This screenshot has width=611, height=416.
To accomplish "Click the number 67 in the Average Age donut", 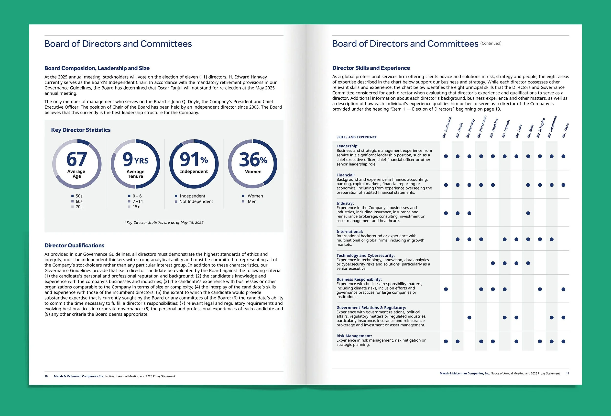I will tap(76, 159).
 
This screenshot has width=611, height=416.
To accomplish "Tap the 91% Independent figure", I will tap(194, 160).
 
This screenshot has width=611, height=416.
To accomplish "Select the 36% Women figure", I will tap(253, 160).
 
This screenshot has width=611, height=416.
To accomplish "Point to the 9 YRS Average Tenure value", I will tap(135, 160).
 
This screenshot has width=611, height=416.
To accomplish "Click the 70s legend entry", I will tap(79, 207).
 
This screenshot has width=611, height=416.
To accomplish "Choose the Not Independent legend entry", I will tap(196, 201).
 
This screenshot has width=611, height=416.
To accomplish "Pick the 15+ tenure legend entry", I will tap(136, 207).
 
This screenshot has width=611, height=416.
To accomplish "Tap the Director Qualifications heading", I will tap(74, 245).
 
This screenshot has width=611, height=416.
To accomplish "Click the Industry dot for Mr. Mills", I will tap(528, 213).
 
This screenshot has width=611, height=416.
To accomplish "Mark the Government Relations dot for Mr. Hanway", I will tap(469, 318).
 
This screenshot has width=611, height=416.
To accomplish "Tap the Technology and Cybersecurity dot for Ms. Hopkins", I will tap(493, 263).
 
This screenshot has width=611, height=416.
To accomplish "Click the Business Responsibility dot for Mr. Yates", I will tap(563, 289).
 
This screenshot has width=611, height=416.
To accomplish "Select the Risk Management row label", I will tap(354, 336).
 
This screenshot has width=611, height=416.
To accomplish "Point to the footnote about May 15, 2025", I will tap(164, 222).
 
